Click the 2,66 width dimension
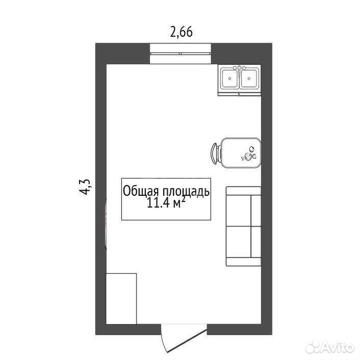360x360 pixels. point(181,32)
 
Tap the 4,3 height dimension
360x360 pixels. point(85,187)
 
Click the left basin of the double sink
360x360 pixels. point(230,79)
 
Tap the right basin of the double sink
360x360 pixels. point(249,79)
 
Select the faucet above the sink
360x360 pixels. point(240,68)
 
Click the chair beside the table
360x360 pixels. point(215,153)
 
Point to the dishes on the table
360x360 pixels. point(249,153)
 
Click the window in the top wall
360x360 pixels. point(181,54)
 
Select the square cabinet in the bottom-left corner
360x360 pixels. point(121,299)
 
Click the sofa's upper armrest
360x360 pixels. point(244,191)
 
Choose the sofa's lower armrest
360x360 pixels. point(244,262)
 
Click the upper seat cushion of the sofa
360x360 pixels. point(239,211)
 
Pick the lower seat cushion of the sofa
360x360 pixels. point(239,242)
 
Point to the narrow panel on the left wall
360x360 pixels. point(106,224)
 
